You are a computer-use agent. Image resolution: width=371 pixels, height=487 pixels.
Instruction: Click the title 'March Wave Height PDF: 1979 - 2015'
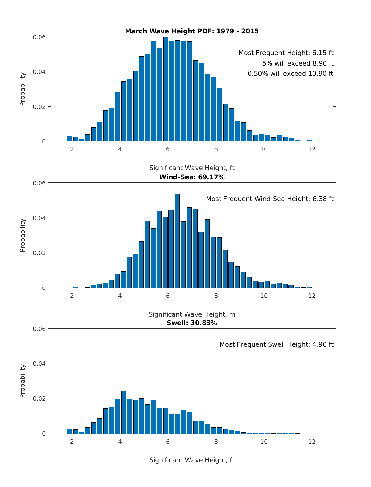click(192, 31)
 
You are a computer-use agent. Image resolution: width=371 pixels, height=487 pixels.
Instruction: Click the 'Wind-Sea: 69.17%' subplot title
click(192, 177)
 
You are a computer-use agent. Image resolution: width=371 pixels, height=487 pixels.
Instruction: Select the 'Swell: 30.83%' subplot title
click(192, 323)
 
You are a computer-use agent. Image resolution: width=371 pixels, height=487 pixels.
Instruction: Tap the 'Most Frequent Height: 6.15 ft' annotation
click(286, 53)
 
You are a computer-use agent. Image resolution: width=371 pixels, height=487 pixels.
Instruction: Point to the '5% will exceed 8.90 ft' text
click(298, 63)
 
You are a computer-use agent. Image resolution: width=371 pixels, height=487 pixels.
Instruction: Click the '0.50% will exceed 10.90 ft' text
click(290, 74)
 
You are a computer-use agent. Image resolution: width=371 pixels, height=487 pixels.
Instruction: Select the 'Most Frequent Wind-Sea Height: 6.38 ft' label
click(270, 199)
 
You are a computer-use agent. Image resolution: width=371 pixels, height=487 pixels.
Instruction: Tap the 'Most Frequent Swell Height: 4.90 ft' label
click(276, 344)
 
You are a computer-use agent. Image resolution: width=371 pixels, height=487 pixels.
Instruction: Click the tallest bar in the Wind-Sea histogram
click(177, 241)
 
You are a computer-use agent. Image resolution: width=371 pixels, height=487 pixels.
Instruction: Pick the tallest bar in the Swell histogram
click(124, 412)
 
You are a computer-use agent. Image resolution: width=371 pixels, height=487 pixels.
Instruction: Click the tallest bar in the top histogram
click(166, 90)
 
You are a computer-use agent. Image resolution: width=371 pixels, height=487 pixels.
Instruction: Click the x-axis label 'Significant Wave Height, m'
click(192, 314)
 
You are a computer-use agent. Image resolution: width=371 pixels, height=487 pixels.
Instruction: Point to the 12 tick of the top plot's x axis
click(312, 149)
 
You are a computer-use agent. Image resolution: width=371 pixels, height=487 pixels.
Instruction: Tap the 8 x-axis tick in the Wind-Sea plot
click(216, 296)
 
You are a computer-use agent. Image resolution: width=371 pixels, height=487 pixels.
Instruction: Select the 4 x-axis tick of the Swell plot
click(120, 442)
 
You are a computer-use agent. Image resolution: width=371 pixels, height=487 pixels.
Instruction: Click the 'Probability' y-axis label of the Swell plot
click(23, 381)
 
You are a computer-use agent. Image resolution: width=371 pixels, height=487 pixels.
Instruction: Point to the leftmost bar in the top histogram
click(70, 139)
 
